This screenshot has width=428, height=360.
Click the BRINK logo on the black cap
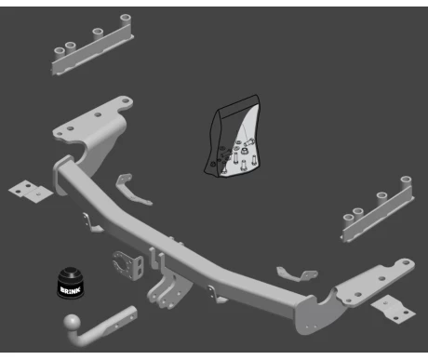click(71, 290)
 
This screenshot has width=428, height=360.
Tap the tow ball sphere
click(73, 324)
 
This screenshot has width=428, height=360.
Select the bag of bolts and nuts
click(233, 137)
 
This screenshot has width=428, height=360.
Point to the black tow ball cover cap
click(71, 283)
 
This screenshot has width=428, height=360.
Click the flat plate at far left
click(30, 192)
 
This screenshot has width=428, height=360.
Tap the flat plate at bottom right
click(393, 309)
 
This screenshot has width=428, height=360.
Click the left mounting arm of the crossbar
click(93, 130)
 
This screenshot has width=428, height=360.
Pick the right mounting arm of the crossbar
click(356, 295)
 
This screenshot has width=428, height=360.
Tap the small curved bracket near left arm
click(132, 190)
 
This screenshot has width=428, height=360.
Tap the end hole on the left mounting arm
click(126, 100)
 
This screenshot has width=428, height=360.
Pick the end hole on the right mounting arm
click(406, 263)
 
